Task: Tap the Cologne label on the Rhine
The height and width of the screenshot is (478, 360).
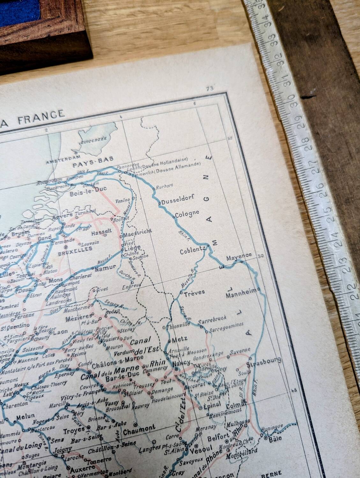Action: [x=187, y=213]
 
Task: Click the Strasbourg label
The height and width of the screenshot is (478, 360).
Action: [x=264, y=362]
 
